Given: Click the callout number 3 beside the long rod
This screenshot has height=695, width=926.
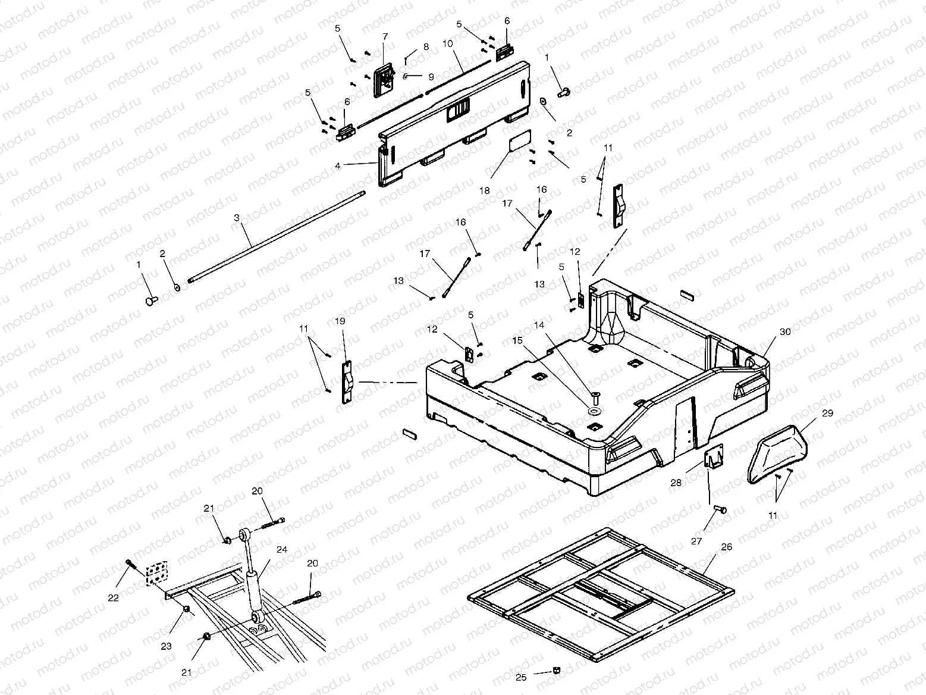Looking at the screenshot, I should [237, 218].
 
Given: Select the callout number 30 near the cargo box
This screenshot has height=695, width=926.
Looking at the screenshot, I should [785, 332].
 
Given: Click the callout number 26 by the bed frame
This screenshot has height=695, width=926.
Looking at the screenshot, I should [726, 547].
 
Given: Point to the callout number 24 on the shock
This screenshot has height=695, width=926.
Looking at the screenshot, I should [282, 550].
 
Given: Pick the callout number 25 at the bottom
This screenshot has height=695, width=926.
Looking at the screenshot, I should [521, 677].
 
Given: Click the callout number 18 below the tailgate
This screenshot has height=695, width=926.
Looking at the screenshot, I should [486, 190].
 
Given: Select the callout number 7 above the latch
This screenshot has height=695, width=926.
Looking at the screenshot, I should [385, 37].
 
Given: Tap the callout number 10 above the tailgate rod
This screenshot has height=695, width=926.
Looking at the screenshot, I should [447, 44].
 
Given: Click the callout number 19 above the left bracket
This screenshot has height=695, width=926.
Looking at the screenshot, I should [340, 321].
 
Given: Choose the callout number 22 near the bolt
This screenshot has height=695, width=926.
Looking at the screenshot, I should [114, 597].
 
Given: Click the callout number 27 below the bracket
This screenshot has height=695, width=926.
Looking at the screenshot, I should [696, 541].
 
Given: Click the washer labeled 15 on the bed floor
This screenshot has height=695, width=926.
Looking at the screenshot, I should [594, 411].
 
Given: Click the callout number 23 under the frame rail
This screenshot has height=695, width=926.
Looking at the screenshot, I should [167, 645].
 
